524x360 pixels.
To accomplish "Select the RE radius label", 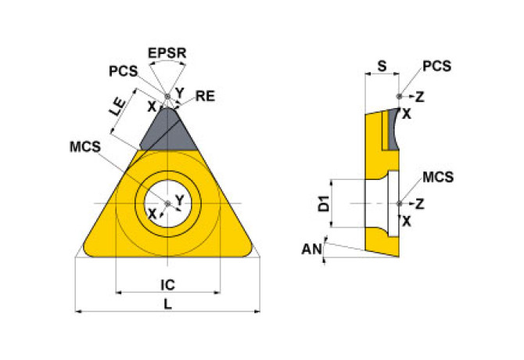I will pyautogui.click(x=205, y=96).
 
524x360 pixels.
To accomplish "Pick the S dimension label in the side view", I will pyautogui.click(x=381, y=67).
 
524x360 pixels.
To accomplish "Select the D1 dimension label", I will pyautogui.click(x=322, y=205).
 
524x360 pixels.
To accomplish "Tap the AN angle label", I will pyautogui.click(x=311, y=250).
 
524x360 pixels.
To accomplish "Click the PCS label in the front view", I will pyautogui.click(x=123, y=70).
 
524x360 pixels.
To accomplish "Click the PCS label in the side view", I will pyautogui.click(x=436, y=67).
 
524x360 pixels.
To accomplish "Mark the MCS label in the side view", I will pyautogui.click(x=438, y=177).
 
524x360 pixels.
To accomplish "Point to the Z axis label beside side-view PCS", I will pyautogui.click(x=420, y=97).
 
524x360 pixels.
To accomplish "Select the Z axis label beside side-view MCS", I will pyautogui.click(x=420, y=203).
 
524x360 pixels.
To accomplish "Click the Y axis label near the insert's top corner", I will pyautogui.click(x=179, y=92).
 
